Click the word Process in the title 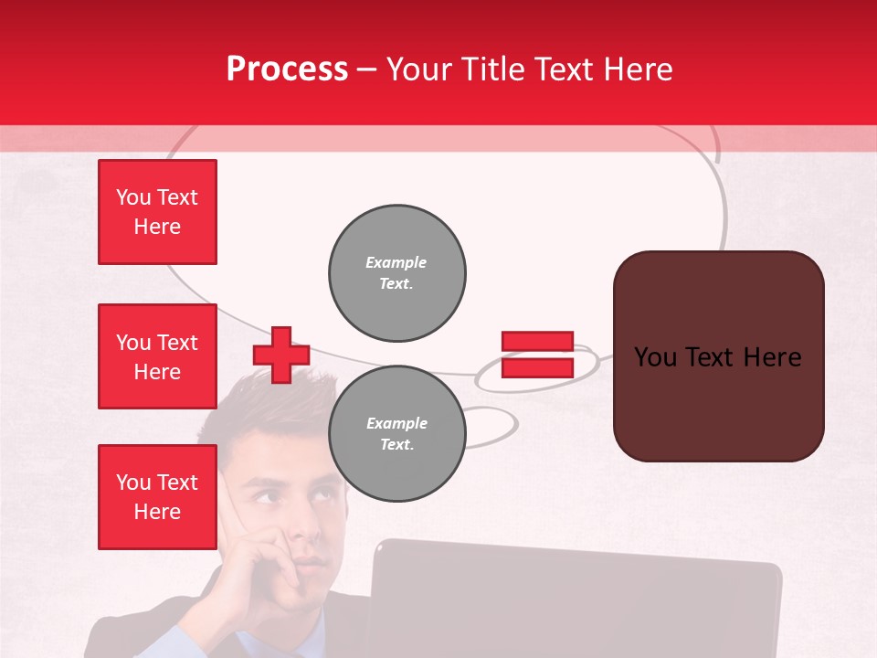(287, 69)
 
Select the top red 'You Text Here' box (157, 212)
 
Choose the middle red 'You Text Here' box (157, 356)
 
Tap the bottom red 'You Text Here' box (157, 496)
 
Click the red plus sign (281, 355)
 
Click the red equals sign (537, 355)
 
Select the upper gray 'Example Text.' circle (396, 273)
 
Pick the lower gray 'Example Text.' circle (396, 434)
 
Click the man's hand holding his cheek (256, 567)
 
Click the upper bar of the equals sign (537, 342)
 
